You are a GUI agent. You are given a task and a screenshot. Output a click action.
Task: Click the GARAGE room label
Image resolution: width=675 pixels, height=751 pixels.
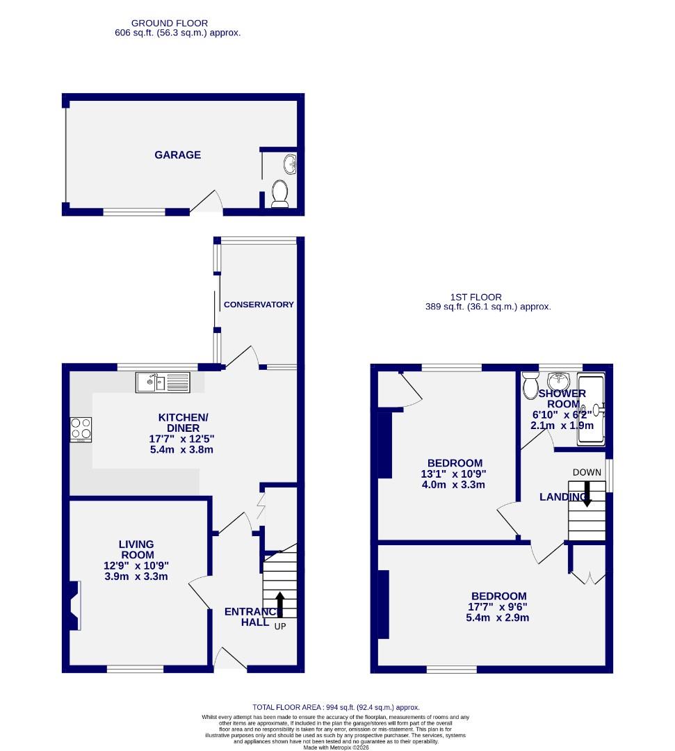177,155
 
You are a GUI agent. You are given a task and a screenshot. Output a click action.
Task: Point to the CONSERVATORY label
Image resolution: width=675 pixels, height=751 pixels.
259,305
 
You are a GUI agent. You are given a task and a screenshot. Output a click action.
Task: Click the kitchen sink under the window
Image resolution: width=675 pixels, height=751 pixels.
162,382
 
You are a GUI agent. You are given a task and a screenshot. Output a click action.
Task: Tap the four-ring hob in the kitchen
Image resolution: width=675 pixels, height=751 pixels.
81,429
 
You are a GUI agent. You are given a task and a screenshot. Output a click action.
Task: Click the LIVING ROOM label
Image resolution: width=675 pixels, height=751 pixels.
136,549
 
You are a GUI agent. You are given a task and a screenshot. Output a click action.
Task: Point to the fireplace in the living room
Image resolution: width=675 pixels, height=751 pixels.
74,605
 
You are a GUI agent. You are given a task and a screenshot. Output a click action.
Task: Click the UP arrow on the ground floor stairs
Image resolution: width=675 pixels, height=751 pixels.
280,602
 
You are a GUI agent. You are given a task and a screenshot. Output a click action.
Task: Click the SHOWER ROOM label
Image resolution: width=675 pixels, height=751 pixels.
562,398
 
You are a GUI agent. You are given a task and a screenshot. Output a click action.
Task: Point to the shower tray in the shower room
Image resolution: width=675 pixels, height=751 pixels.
592,410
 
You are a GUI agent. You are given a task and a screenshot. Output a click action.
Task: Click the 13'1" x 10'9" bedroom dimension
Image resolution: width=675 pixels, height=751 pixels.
455,474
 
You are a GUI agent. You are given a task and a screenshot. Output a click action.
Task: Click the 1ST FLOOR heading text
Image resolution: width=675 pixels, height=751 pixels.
495,297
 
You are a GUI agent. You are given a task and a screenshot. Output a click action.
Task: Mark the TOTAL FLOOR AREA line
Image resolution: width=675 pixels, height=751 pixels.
335,707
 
